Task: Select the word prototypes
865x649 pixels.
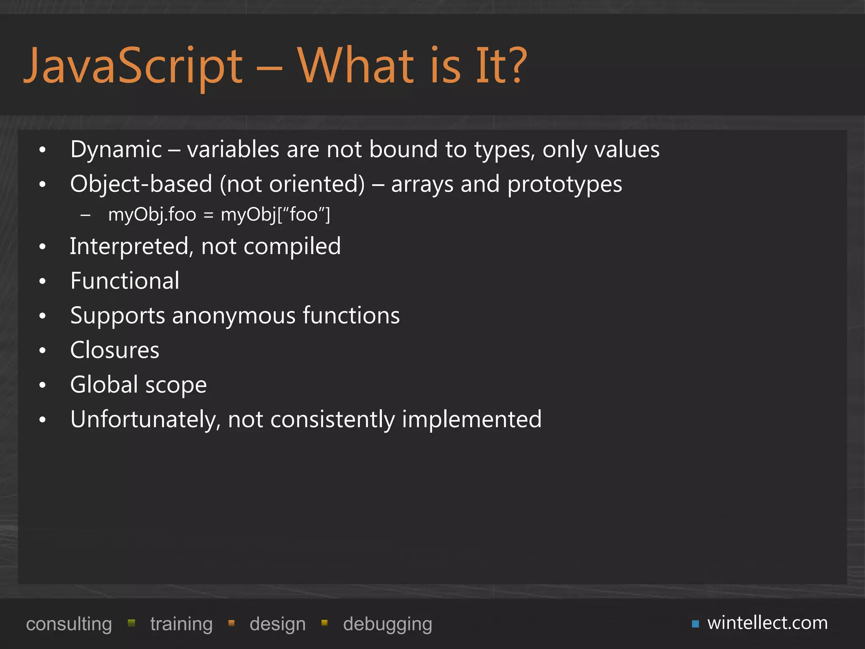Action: (565, 185)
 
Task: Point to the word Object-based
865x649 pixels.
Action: (141, 185)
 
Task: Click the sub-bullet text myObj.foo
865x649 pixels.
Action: (152, 215)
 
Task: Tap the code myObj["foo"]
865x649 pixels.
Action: (275, 215)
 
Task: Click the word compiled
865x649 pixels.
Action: (292, 247)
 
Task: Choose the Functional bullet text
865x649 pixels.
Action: (125, 281)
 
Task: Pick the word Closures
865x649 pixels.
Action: (115, 350)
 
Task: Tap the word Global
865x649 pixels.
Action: (104, 384)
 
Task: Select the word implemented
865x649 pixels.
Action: (471, 420)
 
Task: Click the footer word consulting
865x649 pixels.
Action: (69, 624)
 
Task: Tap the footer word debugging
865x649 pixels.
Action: (387, 624)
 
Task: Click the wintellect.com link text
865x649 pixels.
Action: (767, 623)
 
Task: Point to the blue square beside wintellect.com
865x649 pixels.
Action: (695, 624)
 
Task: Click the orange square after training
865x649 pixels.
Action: (231, 623)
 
